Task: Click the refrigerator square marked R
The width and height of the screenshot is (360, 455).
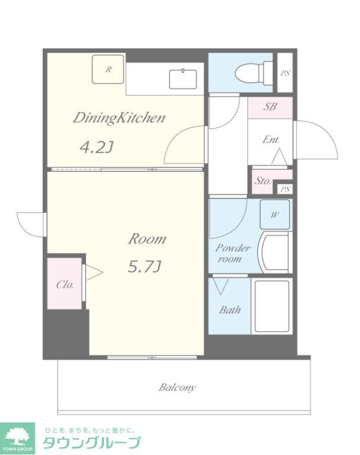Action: (108, 69)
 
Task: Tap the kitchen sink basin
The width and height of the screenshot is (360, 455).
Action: (183, 79)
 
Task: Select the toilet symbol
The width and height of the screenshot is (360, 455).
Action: (254, 73)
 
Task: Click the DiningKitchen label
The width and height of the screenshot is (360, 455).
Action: (119, 118)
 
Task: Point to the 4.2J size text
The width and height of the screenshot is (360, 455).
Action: (96, 148)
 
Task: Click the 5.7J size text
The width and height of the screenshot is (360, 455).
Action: (144, 267)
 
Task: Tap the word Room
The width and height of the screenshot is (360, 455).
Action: (147, 239)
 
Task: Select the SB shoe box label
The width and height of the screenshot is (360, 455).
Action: (270, 107)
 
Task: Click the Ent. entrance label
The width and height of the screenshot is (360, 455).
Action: (271, 140)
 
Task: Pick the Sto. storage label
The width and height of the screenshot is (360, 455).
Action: (262, 181)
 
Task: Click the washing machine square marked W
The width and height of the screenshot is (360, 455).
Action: (275, 214)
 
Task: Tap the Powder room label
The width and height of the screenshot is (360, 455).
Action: (232, 253)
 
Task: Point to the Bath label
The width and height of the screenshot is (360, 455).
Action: (230, 310)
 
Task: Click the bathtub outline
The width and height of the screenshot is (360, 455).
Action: (272, 306)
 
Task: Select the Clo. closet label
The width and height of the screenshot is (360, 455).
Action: (65, 284)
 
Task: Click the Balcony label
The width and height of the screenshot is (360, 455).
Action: (177, 387)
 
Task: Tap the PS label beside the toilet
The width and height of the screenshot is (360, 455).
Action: (285, 73)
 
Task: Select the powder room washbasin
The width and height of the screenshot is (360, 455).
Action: (275, 252)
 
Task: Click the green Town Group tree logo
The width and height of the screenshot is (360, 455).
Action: (17, 438)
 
